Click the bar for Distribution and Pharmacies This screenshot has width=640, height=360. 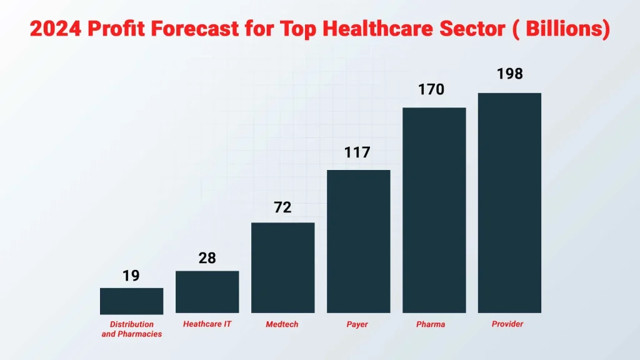coord(131,301)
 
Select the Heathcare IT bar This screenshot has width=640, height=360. coord(207,292)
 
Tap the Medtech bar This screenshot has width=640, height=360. coord(282,267)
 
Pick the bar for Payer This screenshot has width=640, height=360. coord(358,241)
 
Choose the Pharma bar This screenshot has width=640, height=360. coord(434,210)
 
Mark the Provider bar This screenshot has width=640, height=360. coord(509,202)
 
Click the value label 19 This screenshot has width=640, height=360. coord(131,276)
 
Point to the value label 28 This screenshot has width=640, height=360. coord(207,257)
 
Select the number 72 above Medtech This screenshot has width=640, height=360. coord(282,207)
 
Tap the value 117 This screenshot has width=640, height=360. coord(357,152)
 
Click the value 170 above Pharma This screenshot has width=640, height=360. coord(431,89)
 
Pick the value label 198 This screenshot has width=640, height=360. coord(509,74)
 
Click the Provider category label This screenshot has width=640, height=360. coord(507,324)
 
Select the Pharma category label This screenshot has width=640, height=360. coord(431,324)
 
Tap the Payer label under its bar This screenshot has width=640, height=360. coord(357,324)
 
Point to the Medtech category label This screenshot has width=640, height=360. coord(282,324)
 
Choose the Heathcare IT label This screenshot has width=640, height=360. coord(207,324)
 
